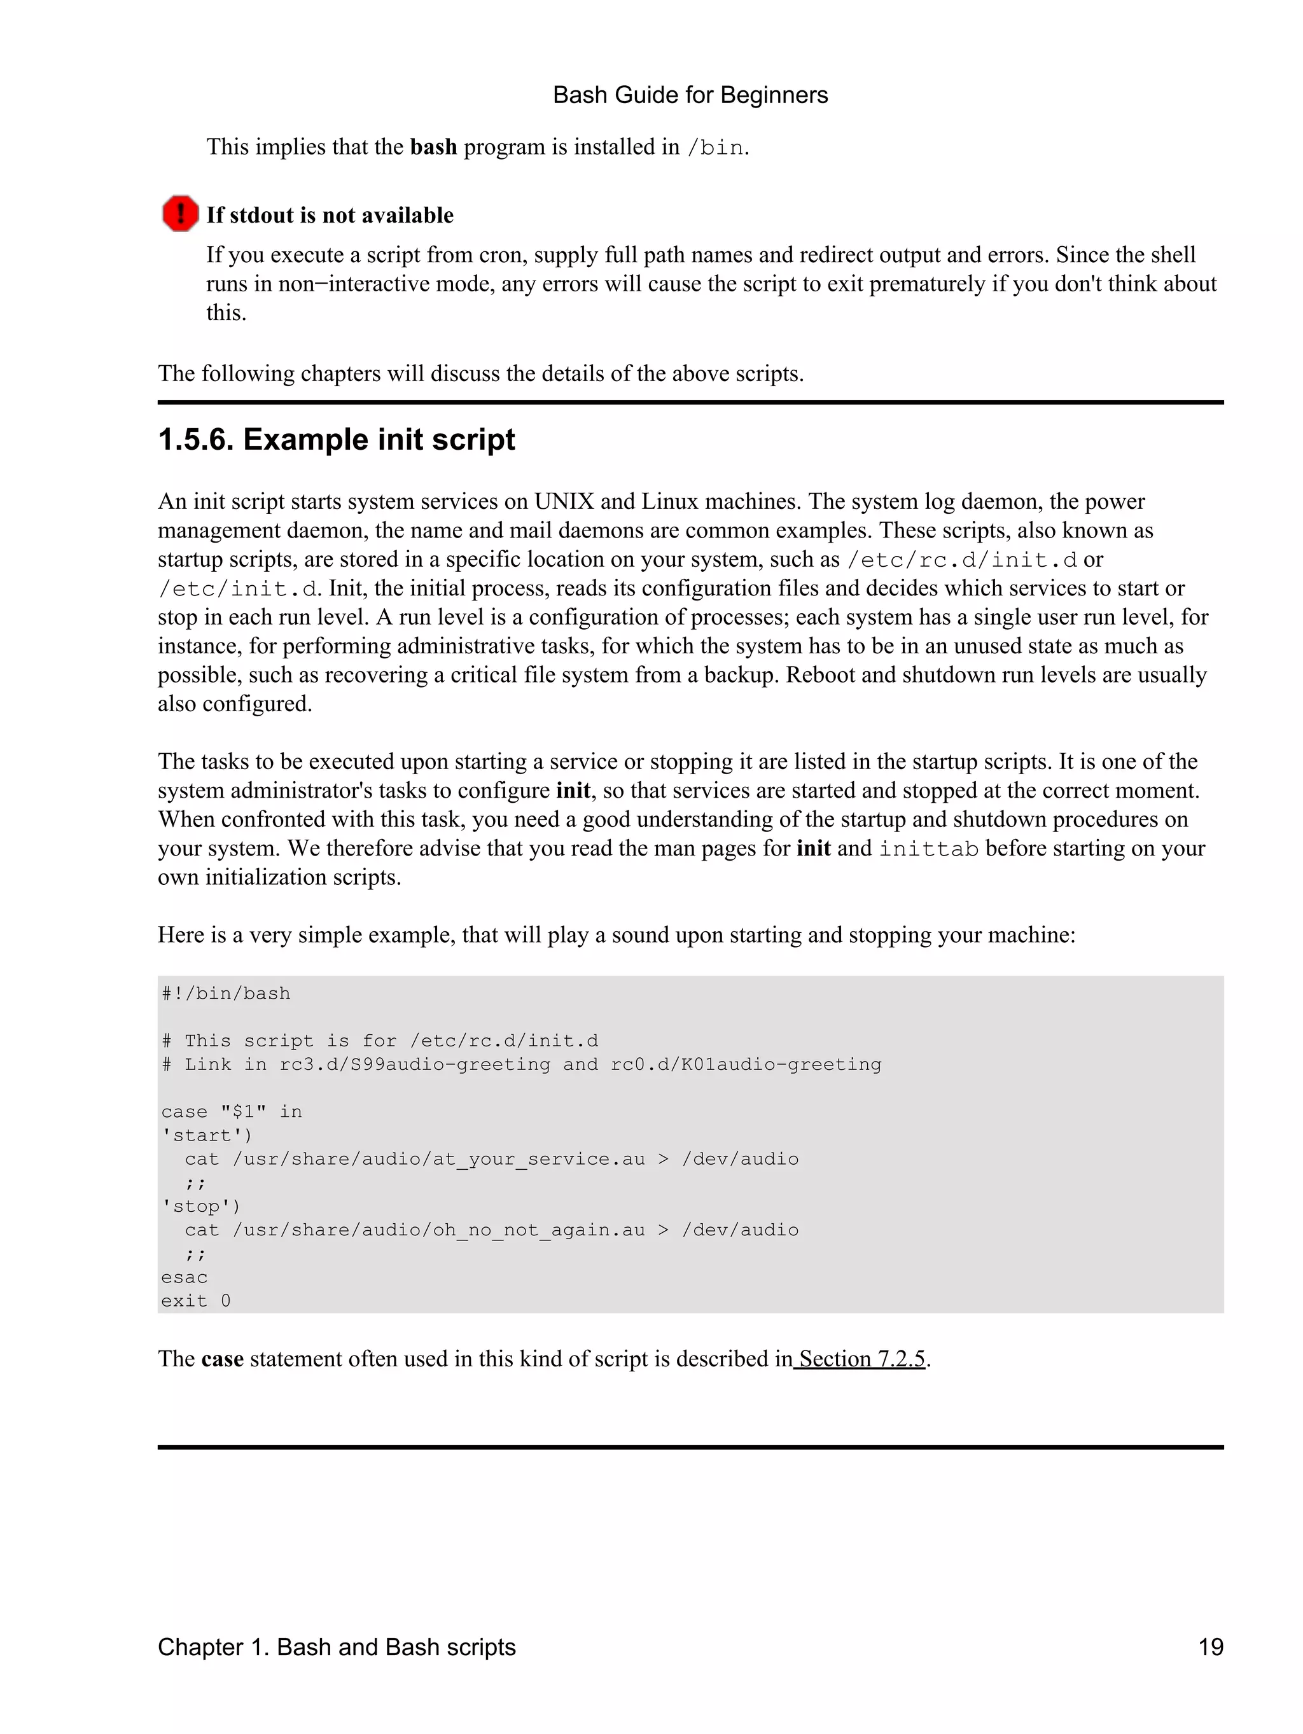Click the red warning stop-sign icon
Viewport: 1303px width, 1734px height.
click(x=179, y=213)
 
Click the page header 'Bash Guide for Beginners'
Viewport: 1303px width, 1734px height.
click(x=690, y=95)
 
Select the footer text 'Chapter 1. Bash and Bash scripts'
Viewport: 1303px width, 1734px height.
click(x=337, y=1647)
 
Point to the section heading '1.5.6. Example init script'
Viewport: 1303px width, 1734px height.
click(x=337, y=439)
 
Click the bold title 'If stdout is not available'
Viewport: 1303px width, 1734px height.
click(x=330, y=215)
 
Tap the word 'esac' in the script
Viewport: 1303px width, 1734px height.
click(x=185, y=1278)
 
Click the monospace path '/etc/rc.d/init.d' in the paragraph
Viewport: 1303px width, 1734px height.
click(x=962, y=560)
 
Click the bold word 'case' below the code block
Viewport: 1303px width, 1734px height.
click(x=222, y=1359)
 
